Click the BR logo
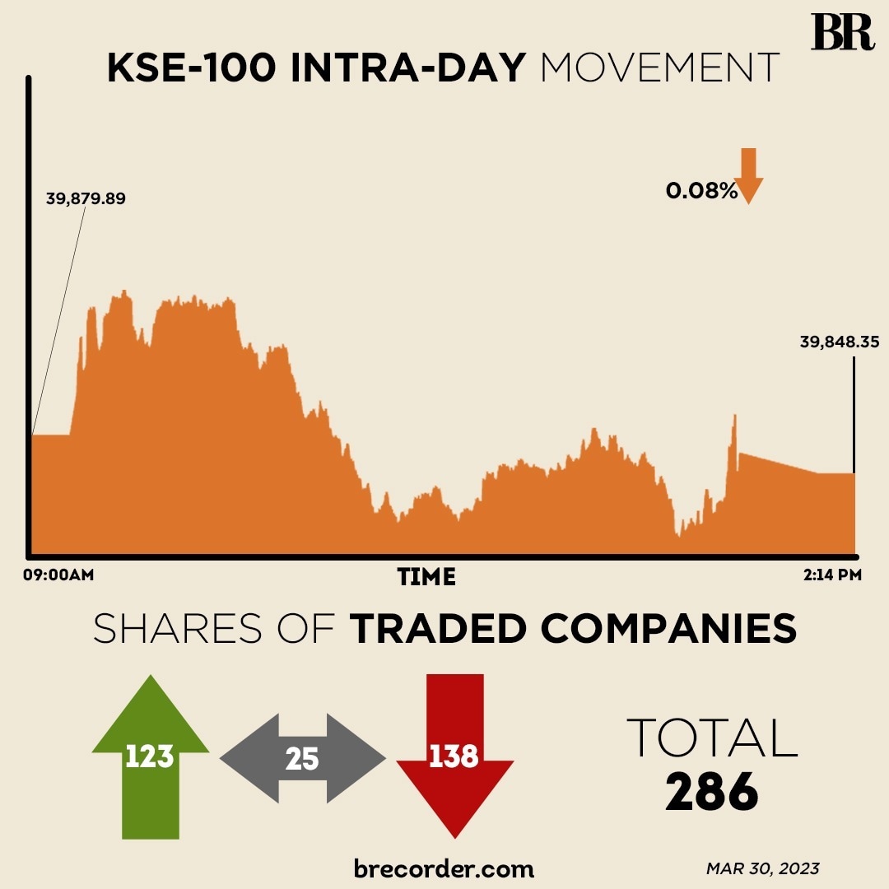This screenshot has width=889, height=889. click(x=842, y=32)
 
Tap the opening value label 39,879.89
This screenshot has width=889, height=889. click(x=86, y=198)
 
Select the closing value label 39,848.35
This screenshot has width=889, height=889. click(x=840, y=342)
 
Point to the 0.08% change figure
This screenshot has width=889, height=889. click(x=701, y=192)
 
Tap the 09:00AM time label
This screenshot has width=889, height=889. click(x=58, y=575)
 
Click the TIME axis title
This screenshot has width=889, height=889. click(x=426, y=577)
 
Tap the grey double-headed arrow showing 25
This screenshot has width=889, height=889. click(x=302, y=758)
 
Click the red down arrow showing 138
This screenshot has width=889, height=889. click(x=454, y=753)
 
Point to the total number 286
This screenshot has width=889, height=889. click(x=711, y=792)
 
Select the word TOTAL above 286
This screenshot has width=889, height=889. click(x=712, y=738)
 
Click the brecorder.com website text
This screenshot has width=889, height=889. click(x=444, y=868)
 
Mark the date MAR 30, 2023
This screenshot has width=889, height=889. click(x=762, y=868)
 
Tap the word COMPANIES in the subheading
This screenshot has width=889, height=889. click(x=668, y=630)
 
